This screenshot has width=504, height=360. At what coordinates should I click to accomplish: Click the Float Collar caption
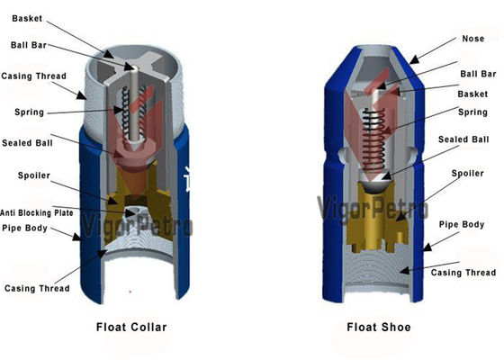(131, 328)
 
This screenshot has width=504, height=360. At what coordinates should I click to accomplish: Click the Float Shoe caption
(379, 328)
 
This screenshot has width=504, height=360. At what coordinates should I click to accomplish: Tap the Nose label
(472, 39)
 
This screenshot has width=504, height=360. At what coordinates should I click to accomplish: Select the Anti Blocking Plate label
(37, 212)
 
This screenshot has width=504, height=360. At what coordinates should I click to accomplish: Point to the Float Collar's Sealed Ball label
(27, 143)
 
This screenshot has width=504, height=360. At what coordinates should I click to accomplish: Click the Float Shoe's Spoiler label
(467, 174)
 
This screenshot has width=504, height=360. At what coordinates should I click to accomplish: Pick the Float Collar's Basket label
(27, 18)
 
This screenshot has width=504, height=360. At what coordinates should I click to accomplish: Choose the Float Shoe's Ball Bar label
(478, 74)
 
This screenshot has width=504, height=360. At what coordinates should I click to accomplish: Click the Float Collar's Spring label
(29, 112)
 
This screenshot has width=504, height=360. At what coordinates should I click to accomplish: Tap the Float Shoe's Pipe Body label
(462, 225)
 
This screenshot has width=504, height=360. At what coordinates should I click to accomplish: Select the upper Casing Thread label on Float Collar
(34, 76)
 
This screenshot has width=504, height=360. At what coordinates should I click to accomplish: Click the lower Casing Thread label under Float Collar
(37, 288)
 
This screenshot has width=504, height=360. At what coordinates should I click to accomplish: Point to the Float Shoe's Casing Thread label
(463, 273)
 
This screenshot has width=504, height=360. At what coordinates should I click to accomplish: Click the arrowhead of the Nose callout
(414, 59)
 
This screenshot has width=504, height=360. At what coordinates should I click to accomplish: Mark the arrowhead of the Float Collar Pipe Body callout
(76, 238)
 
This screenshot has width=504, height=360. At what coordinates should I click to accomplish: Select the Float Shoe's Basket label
(472, 94)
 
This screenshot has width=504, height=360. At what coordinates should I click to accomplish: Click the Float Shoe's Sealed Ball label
(463, 139)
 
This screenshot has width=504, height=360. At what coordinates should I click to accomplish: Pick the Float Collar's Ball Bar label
(29, 45)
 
